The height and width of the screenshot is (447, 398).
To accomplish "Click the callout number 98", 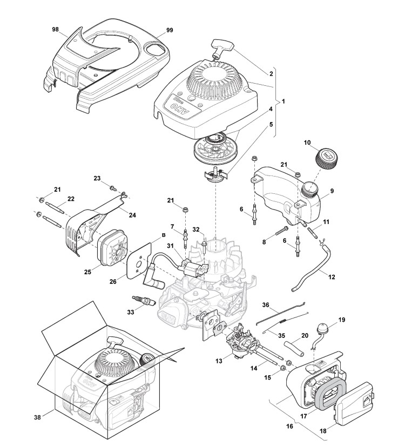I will pos(55,30).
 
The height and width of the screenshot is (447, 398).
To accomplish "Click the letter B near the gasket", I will pos(147,236).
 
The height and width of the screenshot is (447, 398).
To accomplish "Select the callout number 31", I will pos(169,247).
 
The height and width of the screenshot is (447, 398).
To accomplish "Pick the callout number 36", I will pos(265,306).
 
